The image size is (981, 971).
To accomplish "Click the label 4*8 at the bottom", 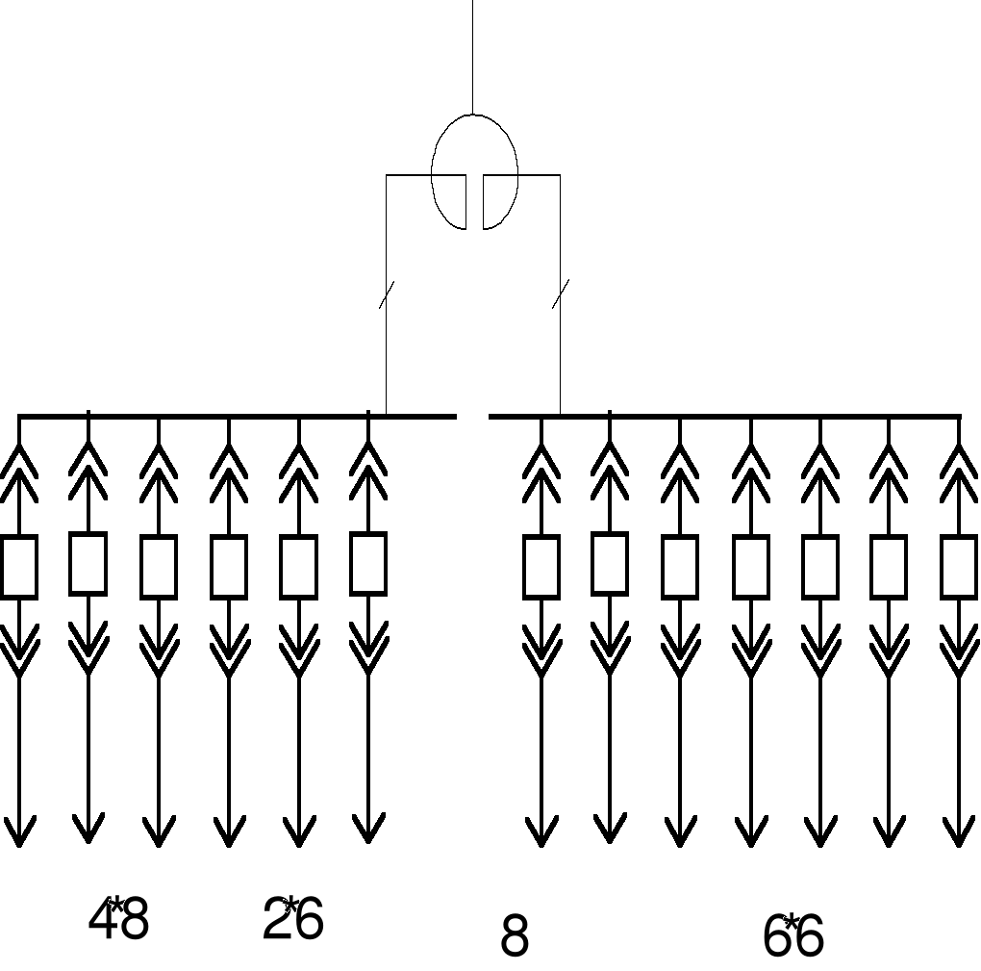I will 118,921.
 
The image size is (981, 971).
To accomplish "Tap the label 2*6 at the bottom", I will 292,919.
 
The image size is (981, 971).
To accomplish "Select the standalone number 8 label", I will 515,936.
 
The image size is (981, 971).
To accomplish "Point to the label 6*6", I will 792,936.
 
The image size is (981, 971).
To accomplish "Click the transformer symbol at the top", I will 474,171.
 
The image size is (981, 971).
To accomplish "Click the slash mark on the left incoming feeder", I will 387,294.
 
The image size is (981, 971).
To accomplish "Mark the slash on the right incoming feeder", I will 561,294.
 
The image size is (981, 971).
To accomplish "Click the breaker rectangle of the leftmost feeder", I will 18,567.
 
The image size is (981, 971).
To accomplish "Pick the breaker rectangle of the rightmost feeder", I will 959,567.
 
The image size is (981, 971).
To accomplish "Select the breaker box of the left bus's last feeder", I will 368,564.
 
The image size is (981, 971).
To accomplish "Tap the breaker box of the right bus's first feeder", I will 541,567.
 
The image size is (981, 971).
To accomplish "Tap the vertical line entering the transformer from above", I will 472,58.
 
